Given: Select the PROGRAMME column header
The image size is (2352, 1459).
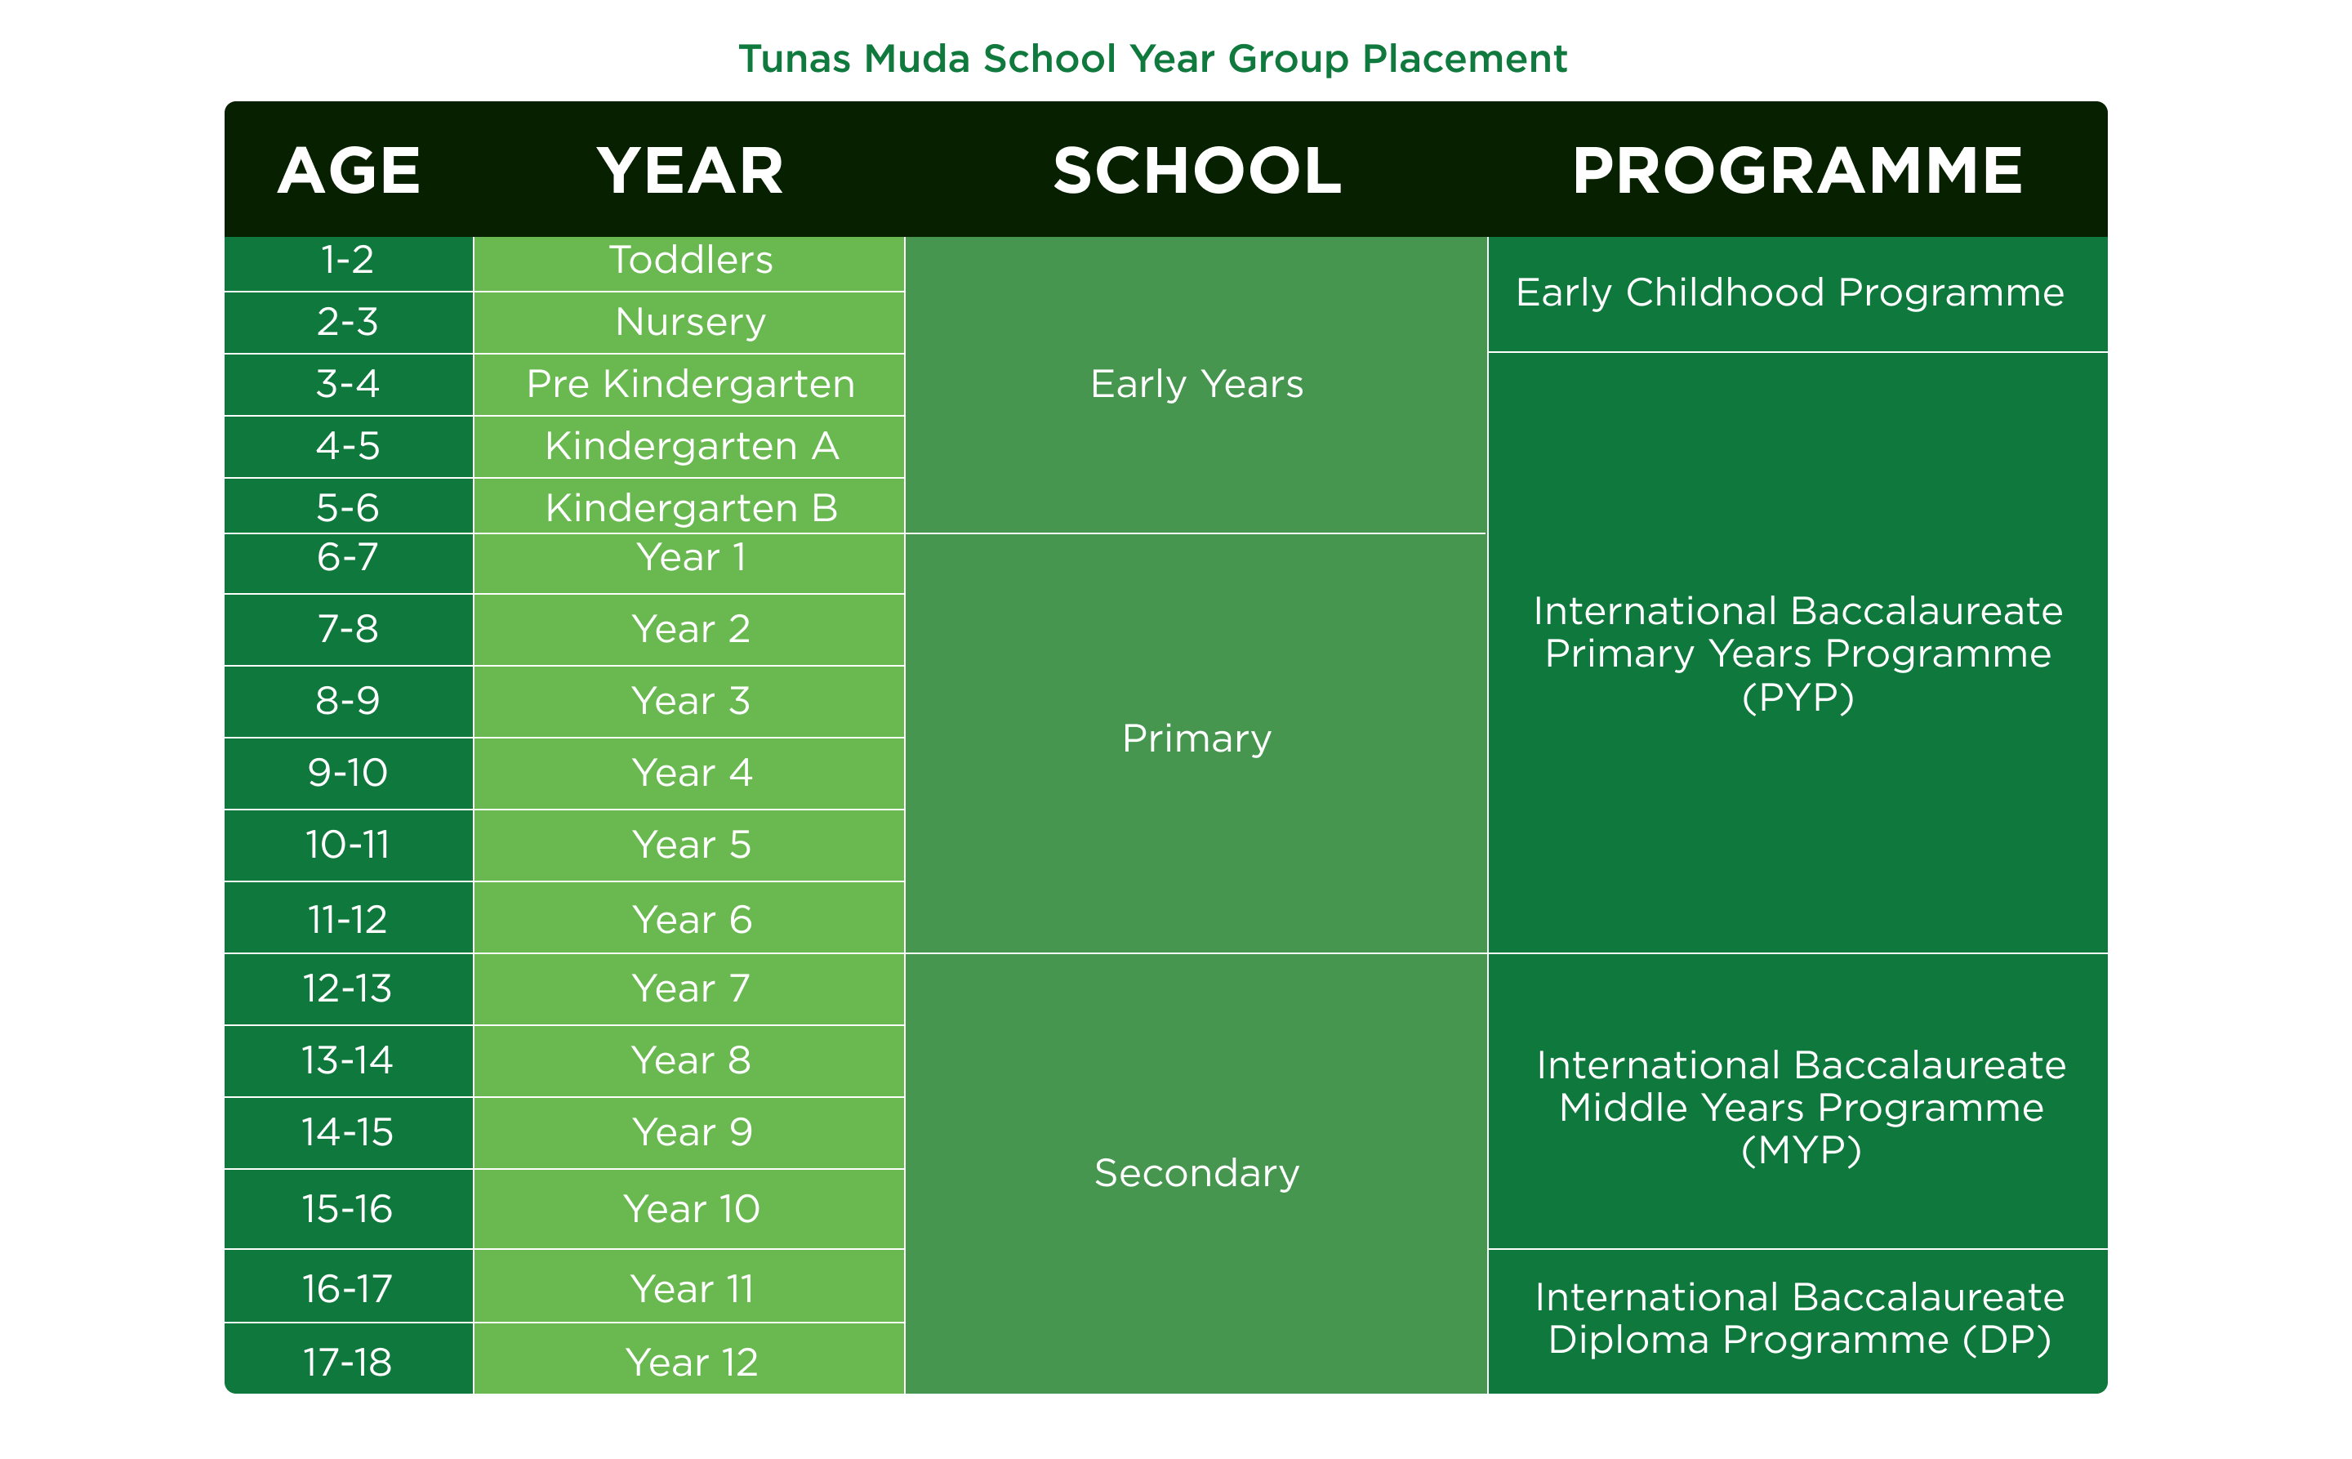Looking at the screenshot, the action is pyautogui.click(x=1797, y=171).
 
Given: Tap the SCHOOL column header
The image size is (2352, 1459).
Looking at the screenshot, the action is pyautogui.click(x=1196, y=171).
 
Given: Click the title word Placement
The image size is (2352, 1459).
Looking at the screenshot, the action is pyautogui.click(x=1463, y=60).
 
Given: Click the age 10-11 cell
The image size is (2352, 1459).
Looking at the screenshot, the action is pyautogui.click(x=347, y=846).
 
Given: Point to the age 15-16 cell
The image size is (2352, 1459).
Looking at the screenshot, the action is pyautogui.click(x=347, y=1209).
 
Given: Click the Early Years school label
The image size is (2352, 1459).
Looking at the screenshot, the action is pyautogui.click(x=1196, y=385).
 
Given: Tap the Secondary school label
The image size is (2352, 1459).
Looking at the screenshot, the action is pyautogui.click(x=1196, y=1173).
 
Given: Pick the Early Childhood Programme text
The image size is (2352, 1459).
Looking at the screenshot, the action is pyautogui.click(x=1789, y=293).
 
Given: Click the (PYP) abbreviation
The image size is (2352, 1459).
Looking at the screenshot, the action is pyautogui.click(x=1798, y=698).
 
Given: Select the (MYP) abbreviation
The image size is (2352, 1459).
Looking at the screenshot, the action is pyautogui.click(x=1801, y=1150).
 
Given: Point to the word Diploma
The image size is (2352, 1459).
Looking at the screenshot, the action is pyautogui.click(x=1629, y=1341).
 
